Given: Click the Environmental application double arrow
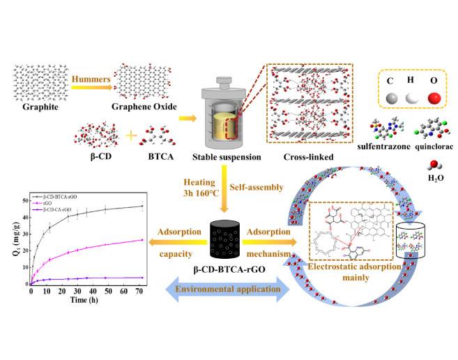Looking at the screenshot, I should (220, 287).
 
